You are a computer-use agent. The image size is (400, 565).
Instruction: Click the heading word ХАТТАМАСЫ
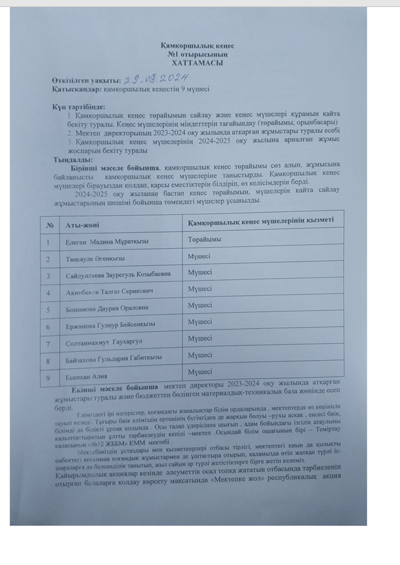201,64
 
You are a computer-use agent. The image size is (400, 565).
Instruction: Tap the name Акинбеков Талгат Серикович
110,293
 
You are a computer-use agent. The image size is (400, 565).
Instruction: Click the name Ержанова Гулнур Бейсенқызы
110,326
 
